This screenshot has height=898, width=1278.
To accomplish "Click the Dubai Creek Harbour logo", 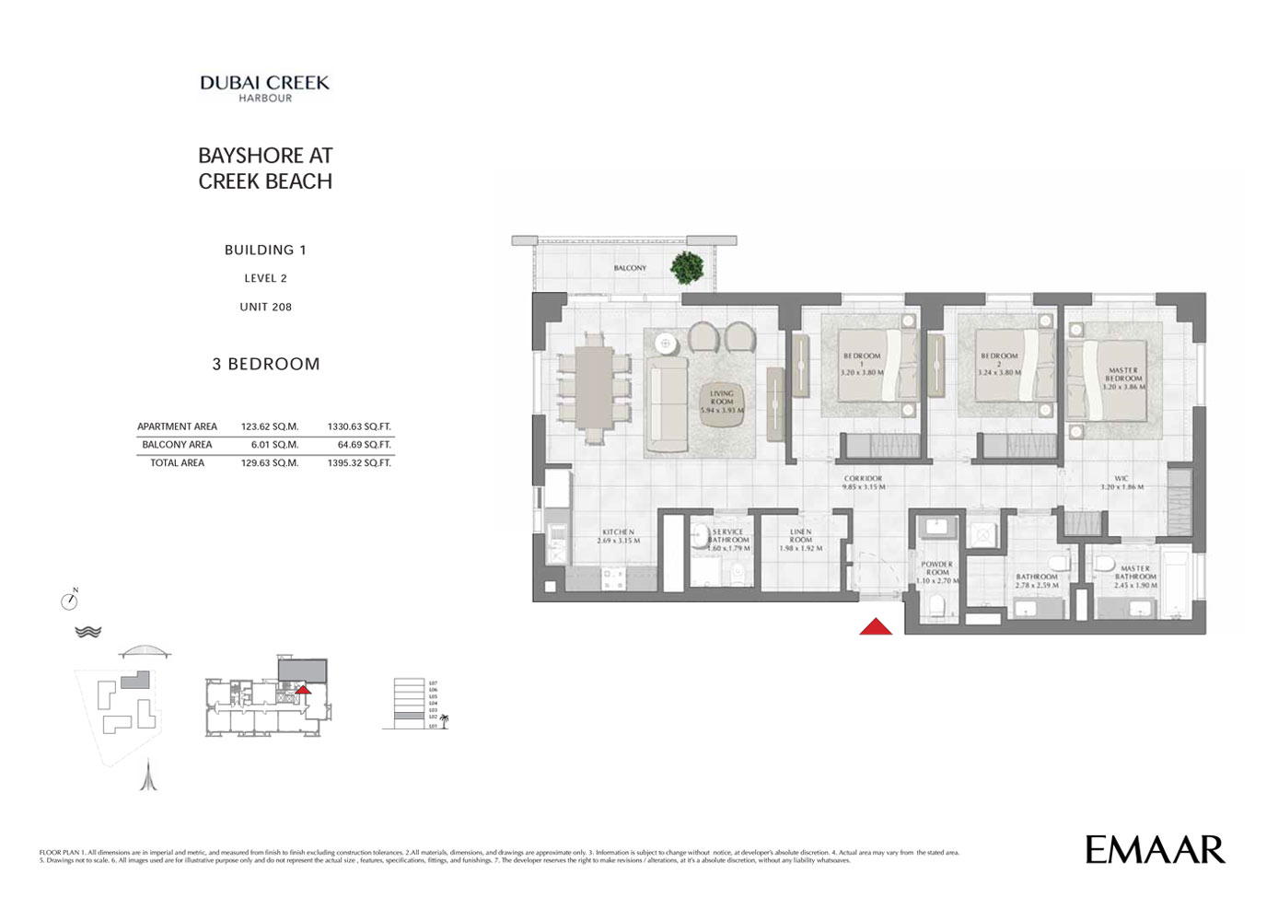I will (x=265, y=87).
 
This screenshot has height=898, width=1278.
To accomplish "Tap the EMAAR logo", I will (x=1155, y=849).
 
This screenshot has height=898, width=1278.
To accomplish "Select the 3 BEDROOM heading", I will (x=266, y=364).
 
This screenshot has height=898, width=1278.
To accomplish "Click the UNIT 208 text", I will (x=265, y=307).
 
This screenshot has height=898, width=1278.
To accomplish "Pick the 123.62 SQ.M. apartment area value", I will (x=270, y=426).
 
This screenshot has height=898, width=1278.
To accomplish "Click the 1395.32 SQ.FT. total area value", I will (x=359, y=463).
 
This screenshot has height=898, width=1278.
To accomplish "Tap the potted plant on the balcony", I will (x=686, y=267).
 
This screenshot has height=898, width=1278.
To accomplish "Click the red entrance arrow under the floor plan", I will (x=875, y=627).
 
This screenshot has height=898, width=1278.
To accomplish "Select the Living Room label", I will (x=722, y=402).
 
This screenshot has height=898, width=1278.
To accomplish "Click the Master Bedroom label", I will (x=1123, y=379).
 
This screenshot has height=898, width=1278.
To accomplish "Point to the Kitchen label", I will (x=618, y=536).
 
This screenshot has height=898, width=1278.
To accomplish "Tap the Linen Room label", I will (x=800, y=540).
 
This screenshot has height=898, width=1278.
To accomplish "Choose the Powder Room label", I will (x=937, y=572).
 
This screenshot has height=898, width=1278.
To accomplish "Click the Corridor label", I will (x=863, y=483).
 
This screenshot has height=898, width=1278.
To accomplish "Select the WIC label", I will (x=1121, y=483).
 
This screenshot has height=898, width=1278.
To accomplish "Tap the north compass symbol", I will (x=69, y=601).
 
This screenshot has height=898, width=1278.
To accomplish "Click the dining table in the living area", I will (x=595, y=387).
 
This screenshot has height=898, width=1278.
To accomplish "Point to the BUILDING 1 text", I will (x=265, y=250).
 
